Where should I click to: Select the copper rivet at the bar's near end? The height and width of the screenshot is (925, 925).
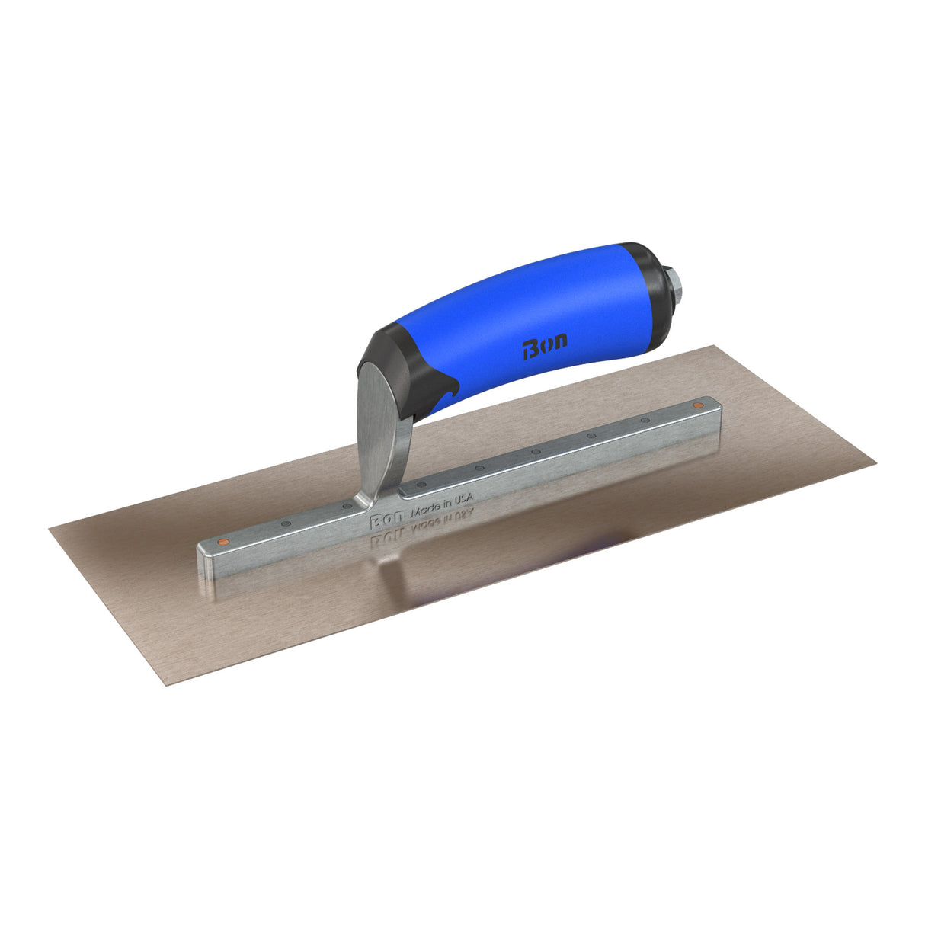coord(222,540)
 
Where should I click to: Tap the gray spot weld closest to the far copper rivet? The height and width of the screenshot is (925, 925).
coord(645,420)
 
